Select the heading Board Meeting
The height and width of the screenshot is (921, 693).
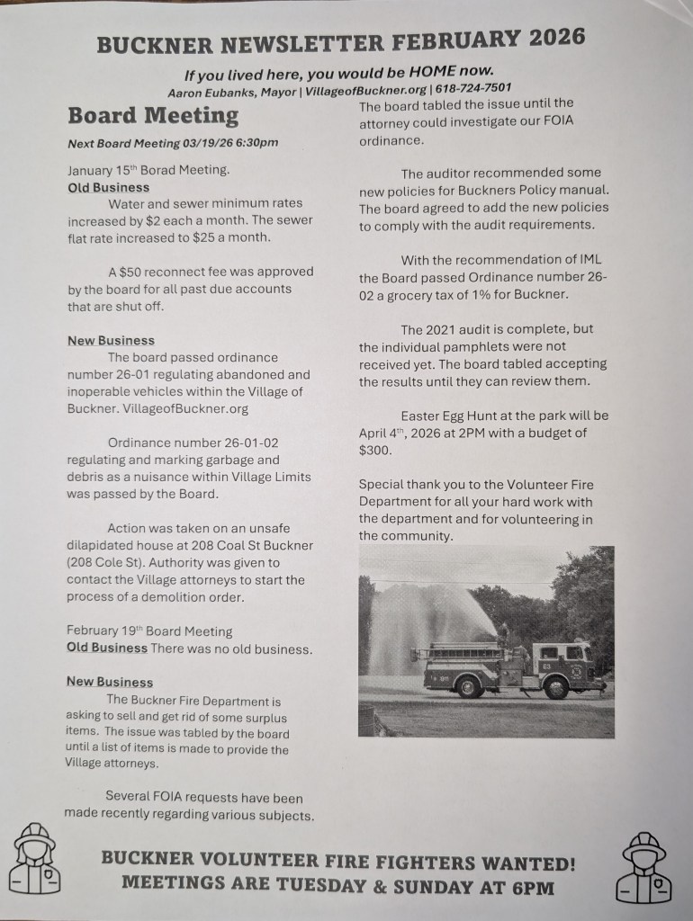153,116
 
